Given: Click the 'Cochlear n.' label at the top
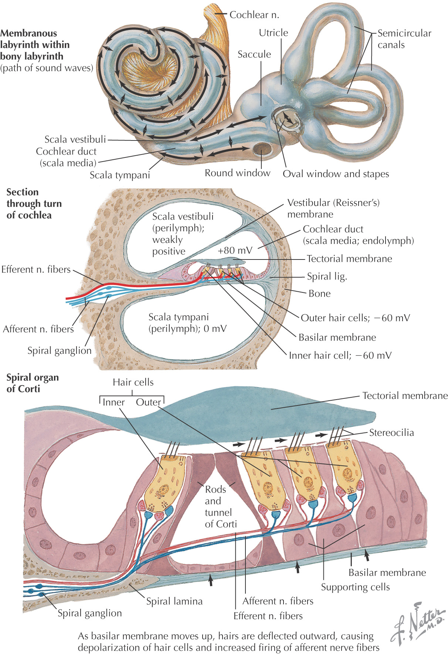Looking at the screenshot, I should click(254, 15).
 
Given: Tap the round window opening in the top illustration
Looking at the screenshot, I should click(262, 149).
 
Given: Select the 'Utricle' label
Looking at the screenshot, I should click(273, 33).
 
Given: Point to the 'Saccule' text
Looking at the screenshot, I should click(254, 54).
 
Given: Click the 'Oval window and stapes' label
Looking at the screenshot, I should click(336, 174).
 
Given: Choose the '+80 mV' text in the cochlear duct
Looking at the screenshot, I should click(235, 250).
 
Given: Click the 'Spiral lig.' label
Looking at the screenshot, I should click(327, 276).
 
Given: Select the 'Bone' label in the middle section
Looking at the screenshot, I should click(319, 294).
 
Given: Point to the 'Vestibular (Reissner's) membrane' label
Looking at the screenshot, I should click(333, 208).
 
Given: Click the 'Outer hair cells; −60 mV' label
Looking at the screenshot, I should click(355, 318).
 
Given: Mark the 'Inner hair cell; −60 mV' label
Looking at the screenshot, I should click(340, 356).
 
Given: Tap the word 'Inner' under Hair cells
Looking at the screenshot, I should click(113, 402).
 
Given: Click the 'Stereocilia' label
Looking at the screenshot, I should click(391, 432).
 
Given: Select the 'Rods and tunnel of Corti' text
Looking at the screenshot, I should click(220, 506).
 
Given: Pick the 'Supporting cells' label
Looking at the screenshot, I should click(355, 587).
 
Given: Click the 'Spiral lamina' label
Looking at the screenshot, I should click(174, 601).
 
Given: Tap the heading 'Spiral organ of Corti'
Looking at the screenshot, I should click(33, 383).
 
